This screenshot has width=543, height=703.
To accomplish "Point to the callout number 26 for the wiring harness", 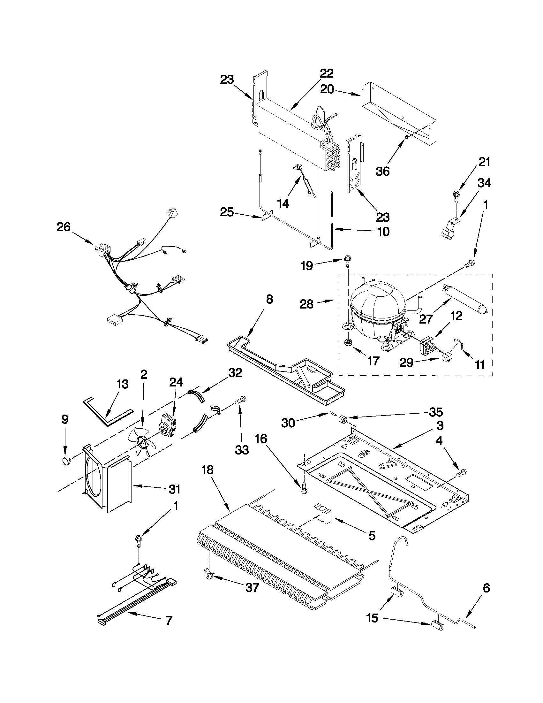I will [x=64, y=227].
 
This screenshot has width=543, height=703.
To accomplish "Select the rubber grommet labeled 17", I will [x=347, y=343].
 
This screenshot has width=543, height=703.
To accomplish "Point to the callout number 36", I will [x=383, y=171].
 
